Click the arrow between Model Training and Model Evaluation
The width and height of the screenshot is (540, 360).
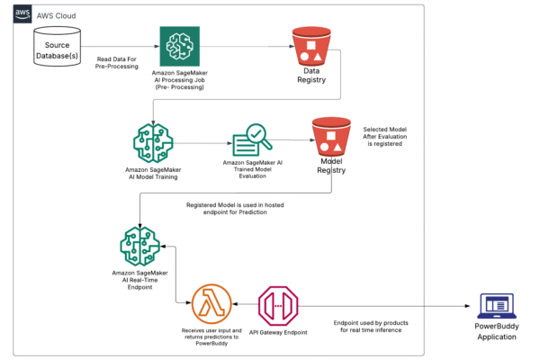tap(202, 141)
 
